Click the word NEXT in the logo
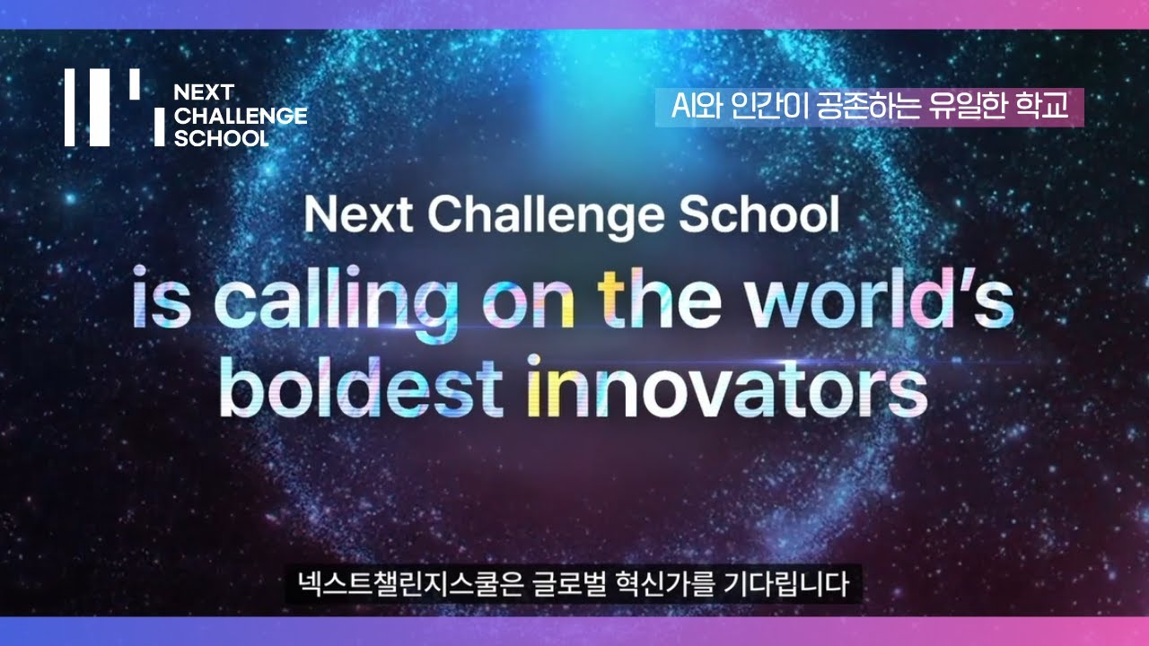coord(204,92)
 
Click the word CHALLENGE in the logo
coord(241,116)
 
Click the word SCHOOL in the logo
coord(222,138)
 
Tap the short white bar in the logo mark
coord(135,84)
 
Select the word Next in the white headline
coord(358,214)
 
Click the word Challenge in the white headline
coord(546,217)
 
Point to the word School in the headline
coord(759,214)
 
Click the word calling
coord(336,304)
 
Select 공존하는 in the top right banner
coord(868,106)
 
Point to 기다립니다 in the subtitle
coord(786,584)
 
